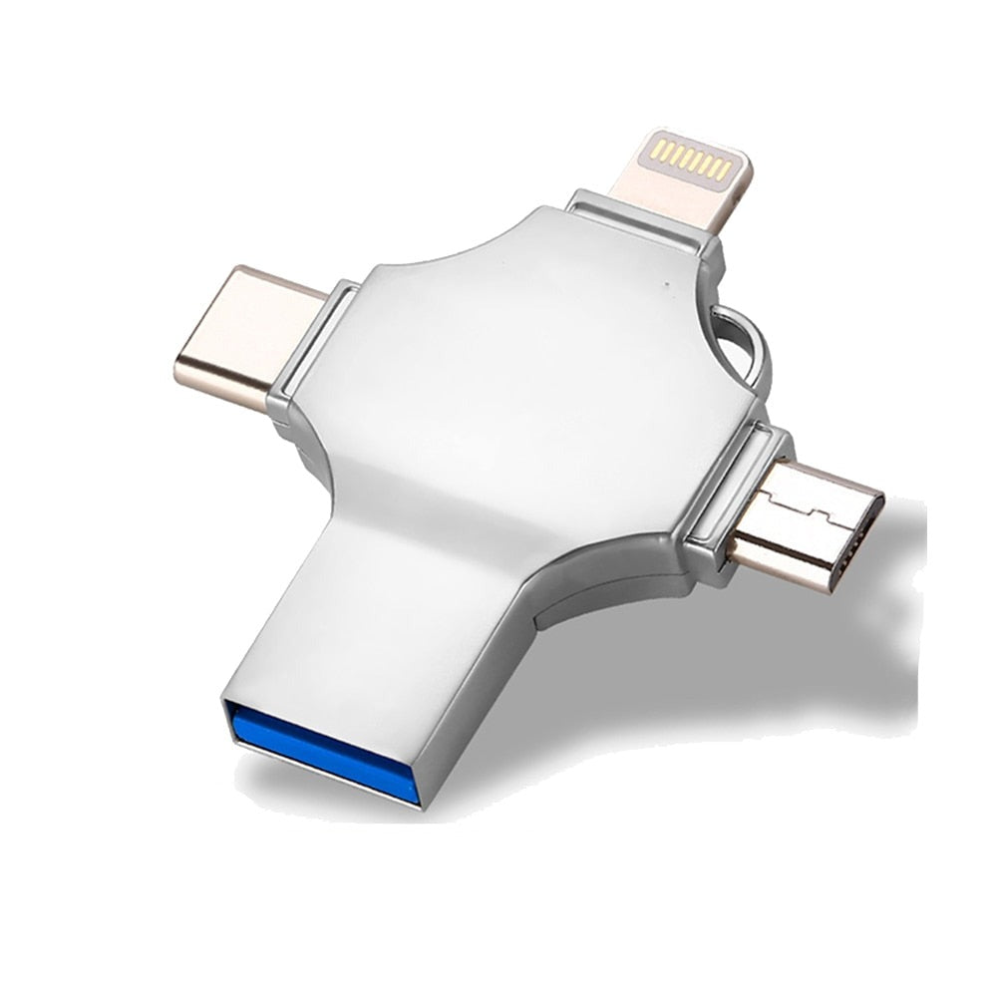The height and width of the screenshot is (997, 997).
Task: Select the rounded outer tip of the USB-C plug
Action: [184, 369]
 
